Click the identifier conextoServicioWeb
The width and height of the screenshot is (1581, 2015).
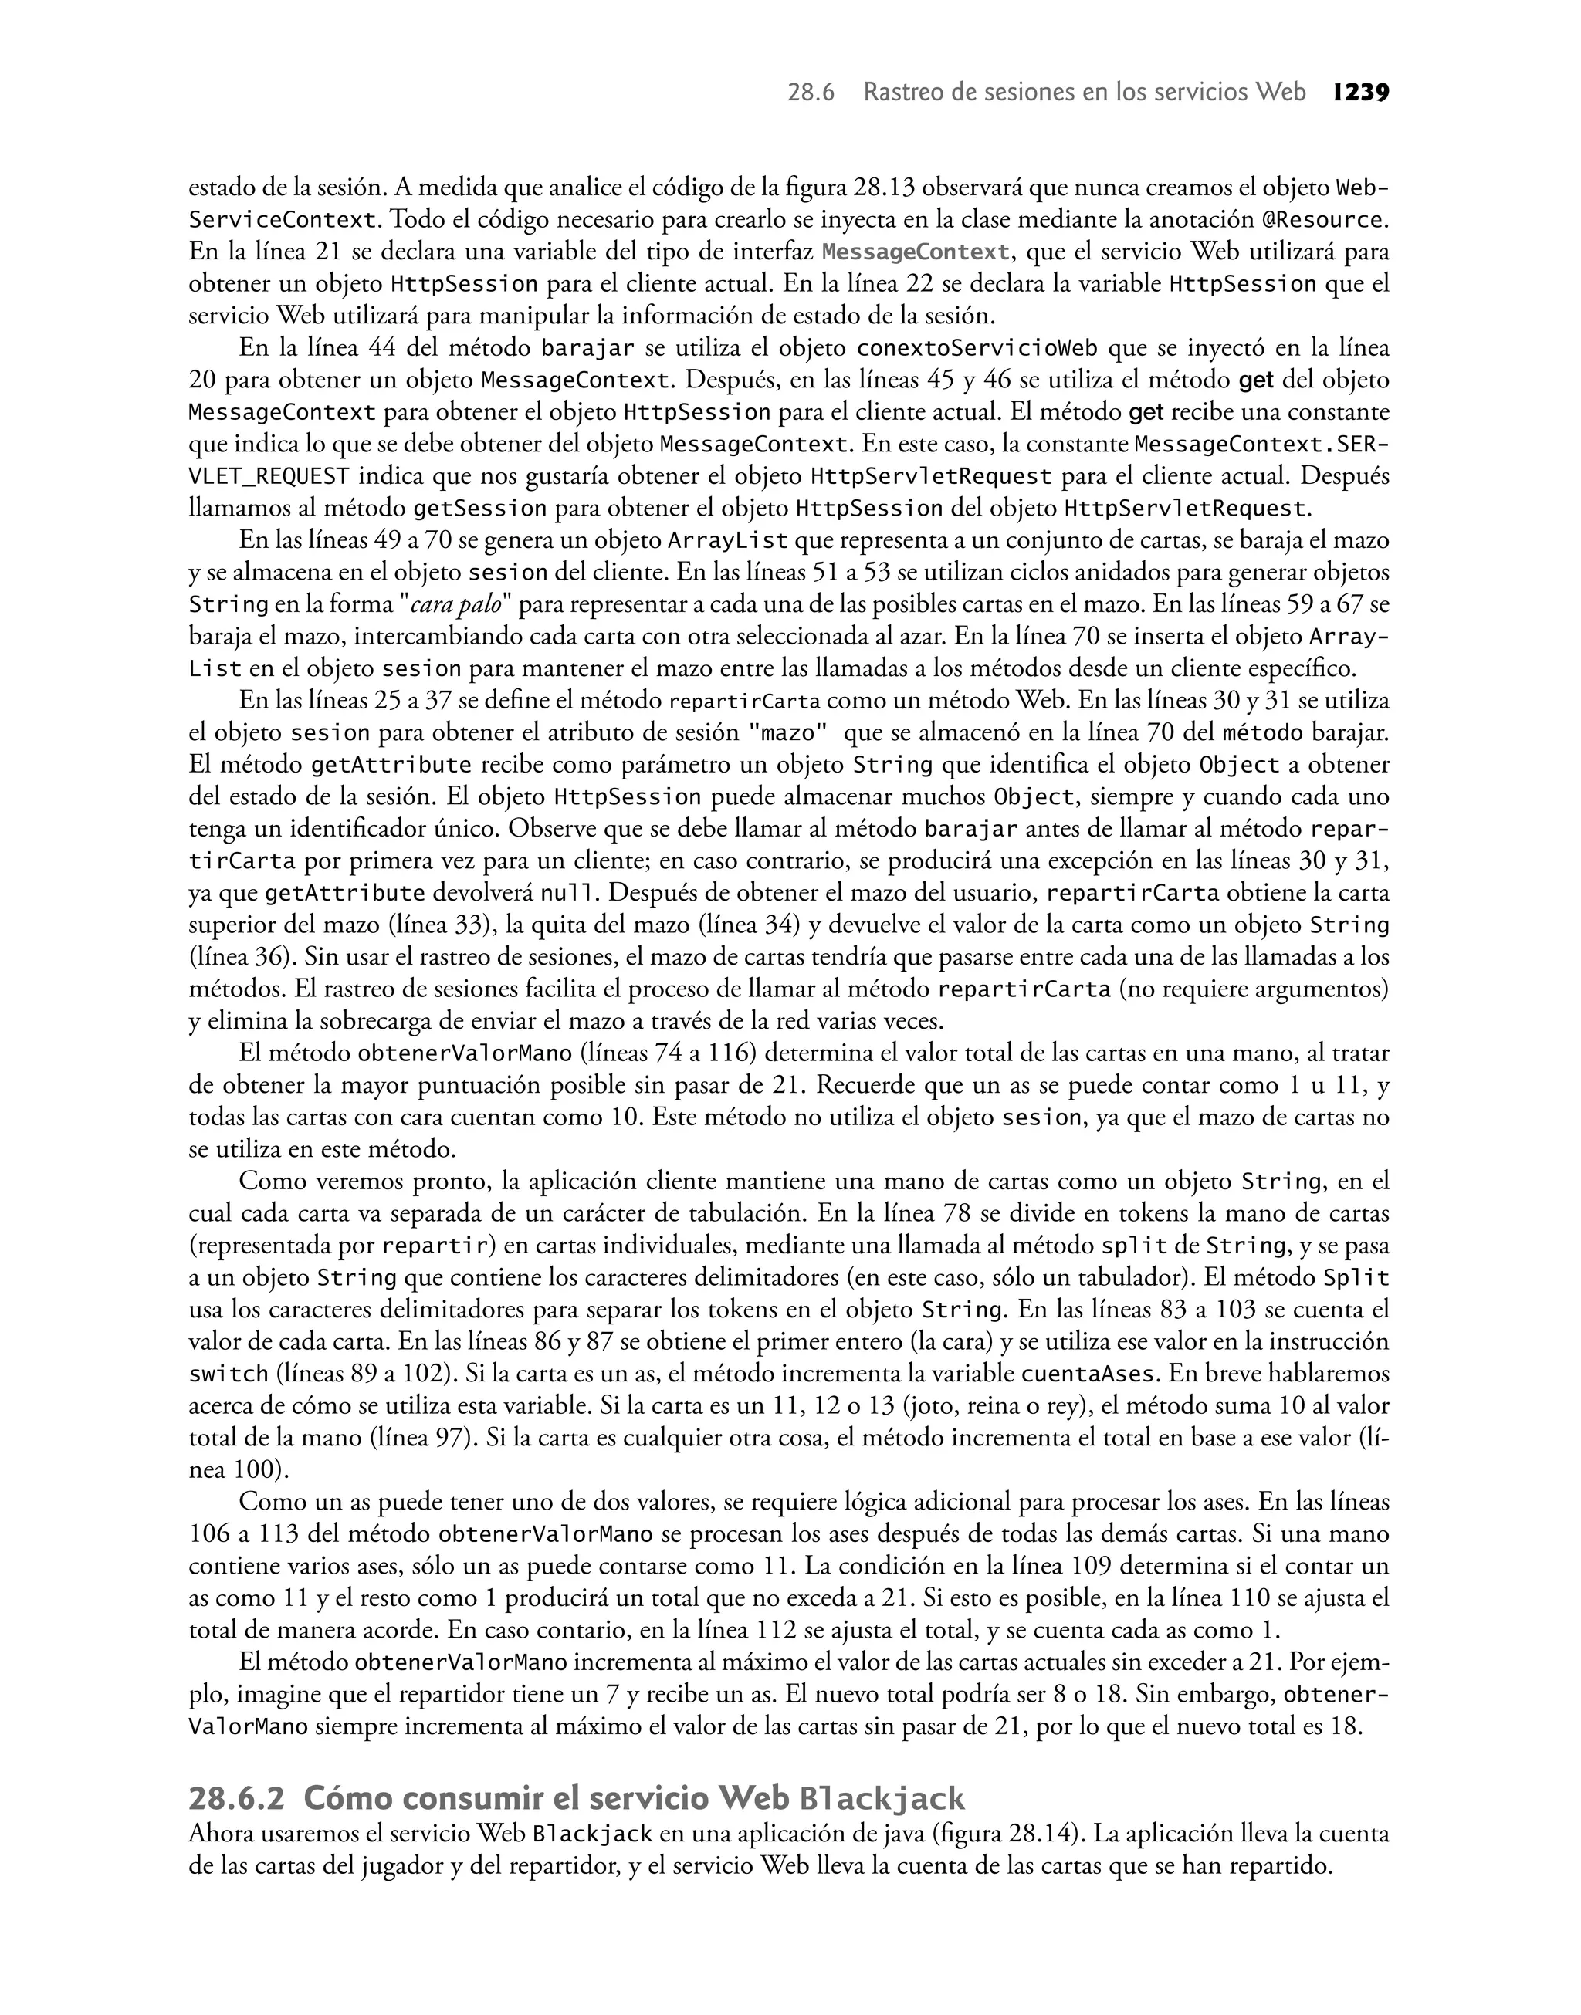(977, 349)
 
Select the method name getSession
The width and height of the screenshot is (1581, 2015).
(479, 509)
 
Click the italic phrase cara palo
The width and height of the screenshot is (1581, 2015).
(455, 606)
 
